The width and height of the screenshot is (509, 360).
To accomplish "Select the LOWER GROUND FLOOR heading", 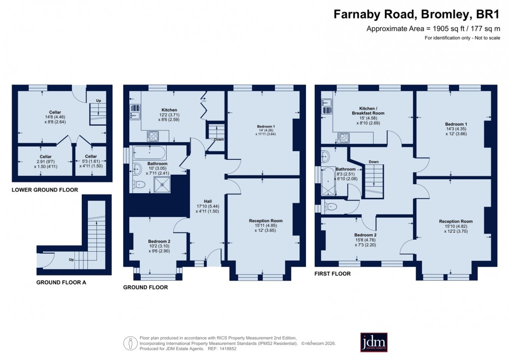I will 45,190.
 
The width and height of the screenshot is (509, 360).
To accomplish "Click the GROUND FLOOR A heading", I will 61,282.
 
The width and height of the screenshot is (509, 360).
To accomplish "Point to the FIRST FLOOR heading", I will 332,274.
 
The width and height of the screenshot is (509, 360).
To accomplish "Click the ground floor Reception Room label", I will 265,220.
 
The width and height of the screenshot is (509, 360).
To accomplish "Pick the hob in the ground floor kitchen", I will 152,135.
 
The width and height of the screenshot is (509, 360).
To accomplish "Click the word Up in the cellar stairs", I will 98,101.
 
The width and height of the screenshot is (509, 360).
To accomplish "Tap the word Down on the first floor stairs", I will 373,162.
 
